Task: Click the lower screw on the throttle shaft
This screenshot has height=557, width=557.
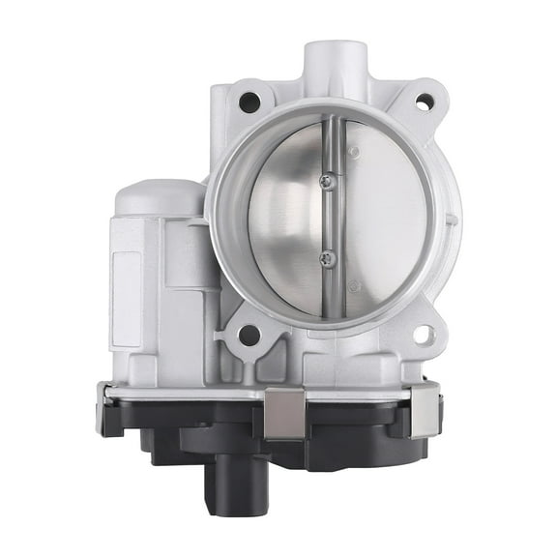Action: pos(327,256)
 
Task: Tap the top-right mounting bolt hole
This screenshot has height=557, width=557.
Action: pos(422,101)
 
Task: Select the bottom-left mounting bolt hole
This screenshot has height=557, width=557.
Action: pos(249,336)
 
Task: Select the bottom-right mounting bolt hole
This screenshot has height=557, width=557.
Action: pos(422,336)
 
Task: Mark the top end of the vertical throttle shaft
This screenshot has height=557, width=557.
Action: pos(328,123)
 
